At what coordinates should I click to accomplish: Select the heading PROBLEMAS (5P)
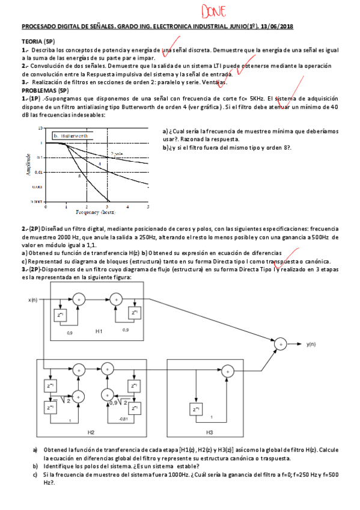[44, 90]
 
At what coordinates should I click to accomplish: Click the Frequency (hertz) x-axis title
[96, 212]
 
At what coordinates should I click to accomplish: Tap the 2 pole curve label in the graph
[115, 155]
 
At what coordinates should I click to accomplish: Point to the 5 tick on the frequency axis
[148, 207]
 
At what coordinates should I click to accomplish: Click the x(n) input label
[32, 299]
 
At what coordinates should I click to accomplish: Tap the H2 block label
[91, 432]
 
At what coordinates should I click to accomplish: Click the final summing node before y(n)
[281, 344]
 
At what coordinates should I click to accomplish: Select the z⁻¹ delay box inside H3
[197, 410]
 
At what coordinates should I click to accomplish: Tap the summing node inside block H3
[228, 371]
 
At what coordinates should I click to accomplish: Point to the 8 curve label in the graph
[79, 176]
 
